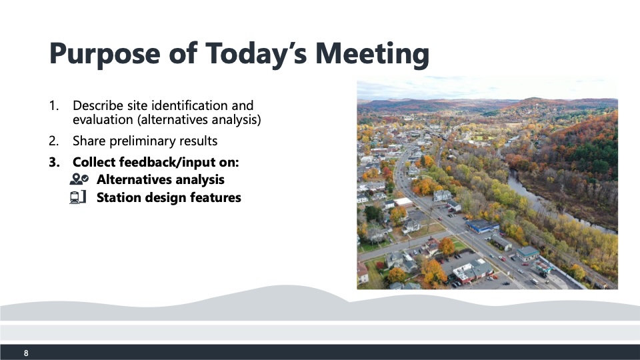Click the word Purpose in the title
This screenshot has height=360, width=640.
point(105,54)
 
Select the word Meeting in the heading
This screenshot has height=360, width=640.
point(372,54)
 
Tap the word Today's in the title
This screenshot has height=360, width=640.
point(255,54)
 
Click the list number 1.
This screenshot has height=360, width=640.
point(53,106)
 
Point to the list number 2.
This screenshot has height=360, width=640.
point(53,141)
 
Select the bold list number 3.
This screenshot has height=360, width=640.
point(54,163)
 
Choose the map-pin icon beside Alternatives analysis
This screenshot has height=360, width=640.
point(79,179)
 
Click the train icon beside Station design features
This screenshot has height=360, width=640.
point(78,197)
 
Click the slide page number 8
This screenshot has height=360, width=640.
point(26,353)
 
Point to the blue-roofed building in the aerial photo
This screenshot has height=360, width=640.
point(483,226)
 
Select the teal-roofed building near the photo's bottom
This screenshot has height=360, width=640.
point(528,253)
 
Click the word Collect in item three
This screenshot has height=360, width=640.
point(94,163)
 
